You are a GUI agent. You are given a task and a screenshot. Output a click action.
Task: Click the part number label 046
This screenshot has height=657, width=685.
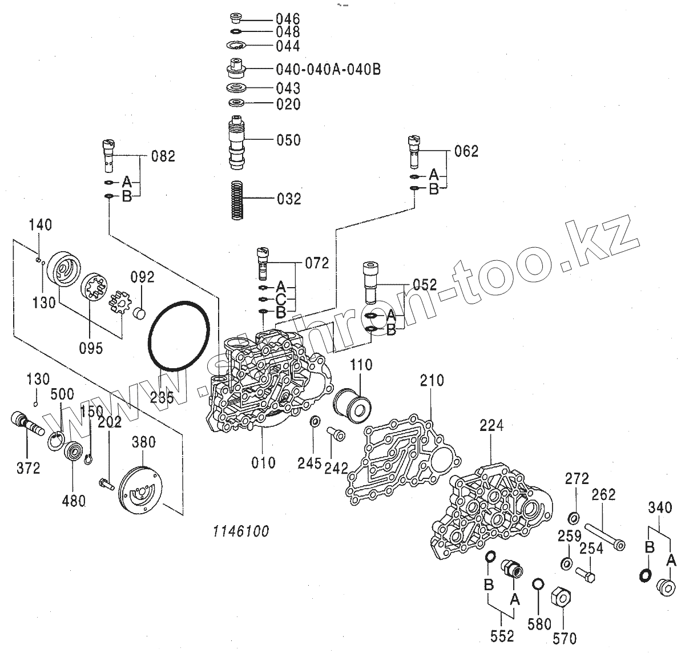(288, 18)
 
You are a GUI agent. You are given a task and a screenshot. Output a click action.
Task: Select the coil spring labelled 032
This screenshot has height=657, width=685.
(237, 199)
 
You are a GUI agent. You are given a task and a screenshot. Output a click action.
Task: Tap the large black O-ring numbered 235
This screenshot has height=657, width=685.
(176, 336)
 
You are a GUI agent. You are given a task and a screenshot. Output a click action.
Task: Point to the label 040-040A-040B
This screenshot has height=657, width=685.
(328, 69)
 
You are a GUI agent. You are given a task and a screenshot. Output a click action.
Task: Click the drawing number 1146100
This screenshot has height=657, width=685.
(240, 531)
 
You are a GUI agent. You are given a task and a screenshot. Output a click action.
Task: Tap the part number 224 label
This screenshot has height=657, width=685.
(491, 425)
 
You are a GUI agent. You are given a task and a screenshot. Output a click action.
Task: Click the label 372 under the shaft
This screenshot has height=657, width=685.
(27, 468)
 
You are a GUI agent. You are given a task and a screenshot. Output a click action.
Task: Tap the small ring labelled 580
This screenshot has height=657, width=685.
(537, 583)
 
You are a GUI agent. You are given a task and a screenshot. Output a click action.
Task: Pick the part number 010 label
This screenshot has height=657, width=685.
(263, 462)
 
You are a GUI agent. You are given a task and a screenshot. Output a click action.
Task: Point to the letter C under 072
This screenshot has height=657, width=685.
(281, 299)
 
